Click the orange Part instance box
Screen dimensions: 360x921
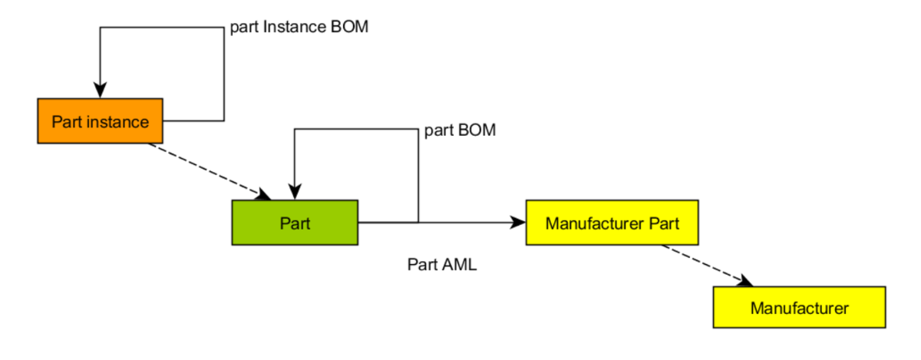click(x=100, y=121)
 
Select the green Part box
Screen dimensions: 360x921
click(x=295, y=223)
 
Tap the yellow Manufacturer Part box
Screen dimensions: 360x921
click(x=611, y=223)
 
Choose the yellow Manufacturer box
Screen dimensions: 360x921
click(x=799, y=308)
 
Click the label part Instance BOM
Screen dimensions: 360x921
click(x=299, y=28)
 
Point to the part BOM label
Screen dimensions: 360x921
click(x=460, y=130)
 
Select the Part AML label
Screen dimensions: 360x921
click(x=441, y=265)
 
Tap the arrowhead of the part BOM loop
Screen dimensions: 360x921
click(x=295, y=192)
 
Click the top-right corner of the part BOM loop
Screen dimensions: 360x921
click(x=418, y=129)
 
